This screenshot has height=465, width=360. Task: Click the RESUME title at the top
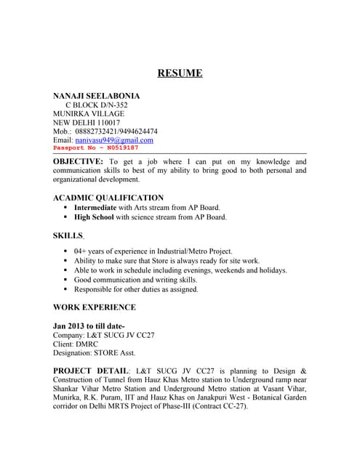pos(180,73)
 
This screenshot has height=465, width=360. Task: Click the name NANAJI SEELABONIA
pos(97,96)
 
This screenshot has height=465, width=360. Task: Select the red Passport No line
pos(95,147)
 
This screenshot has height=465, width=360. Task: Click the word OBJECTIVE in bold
pos(78,161)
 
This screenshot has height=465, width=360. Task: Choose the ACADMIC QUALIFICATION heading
pos(108,198)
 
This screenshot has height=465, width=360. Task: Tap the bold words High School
pos(94,217)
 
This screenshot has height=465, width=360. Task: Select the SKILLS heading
pos(68,235)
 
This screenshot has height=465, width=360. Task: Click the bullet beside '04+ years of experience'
pos(65,251)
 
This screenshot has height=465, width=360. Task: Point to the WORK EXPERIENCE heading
pos(95,307)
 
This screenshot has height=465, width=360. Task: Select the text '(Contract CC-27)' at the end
pos(218,406)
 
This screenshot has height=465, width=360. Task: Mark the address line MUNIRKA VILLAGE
pos(89,113)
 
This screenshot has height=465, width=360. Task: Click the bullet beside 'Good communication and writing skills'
pos(65,280)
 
